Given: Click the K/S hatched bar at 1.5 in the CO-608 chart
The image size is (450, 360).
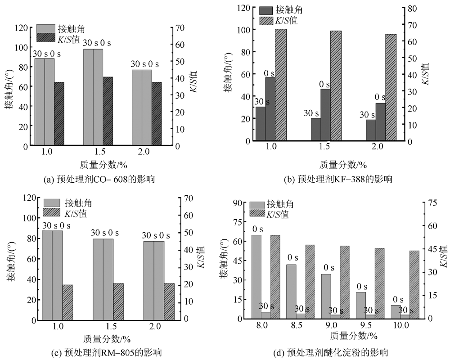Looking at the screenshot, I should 108,111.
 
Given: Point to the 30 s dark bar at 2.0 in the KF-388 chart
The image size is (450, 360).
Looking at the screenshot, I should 371,130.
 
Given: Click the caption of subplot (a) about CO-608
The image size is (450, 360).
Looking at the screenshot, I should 99,180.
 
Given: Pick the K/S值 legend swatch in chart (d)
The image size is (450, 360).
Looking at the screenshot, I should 257,213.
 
